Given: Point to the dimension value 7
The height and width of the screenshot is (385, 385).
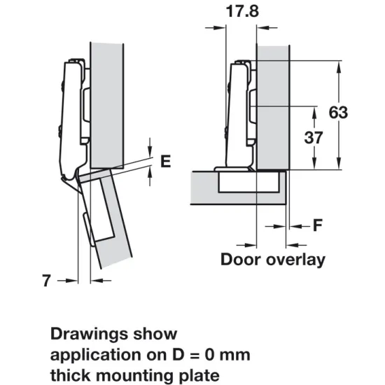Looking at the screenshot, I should coord(46,281).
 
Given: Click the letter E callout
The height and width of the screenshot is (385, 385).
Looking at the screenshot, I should coord(166,161).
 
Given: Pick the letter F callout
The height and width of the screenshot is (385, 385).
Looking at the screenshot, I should coord(317,225).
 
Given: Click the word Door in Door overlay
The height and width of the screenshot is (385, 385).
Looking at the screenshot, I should coord(241,260).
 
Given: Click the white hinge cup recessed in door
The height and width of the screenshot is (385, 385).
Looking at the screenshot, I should coord(248,182).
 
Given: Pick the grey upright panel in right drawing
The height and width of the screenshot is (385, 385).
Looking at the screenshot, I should coord(273,105).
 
